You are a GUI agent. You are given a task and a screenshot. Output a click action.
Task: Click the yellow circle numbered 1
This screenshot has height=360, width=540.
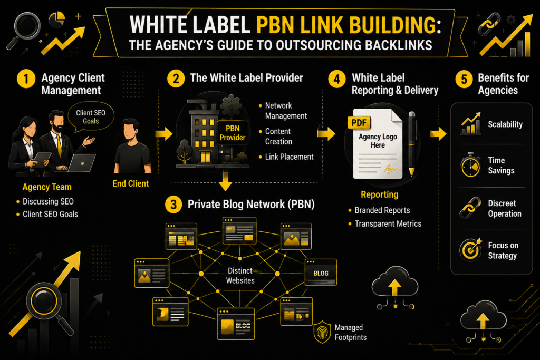[26, 79]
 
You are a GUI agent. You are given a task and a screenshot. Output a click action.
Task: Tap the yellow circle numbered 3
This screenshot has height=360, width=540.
[173, 205]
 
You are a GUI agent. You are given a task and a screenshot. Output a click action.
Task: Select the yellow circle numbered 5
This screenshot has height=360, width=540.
[464, 79]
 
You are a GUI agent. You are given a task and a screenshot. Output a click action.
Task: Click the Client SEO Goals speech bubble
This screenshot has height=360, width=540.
[91, 117]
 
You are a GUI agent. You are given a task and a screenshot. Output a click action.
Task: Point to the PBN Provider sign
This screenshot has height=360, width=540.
[233, 133]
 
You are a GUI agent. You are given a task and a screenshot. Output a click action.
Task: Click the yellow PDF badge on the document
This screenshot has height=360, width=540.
[359, 123]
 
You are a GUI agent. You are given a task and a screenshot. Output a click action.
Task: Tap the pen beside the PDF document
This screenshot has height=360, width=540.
[411, 143]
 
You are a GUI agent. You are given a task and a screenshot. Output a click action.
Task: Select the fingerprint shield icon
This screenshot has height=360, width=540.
[322, 332]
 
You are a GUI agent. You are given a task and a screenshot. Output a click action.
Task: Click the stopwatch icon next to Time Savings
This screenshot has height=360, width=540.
[470, 165]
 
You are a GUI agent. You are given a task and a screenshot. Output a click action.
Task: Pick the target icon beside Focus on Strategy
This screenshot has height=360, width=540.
[470, 249]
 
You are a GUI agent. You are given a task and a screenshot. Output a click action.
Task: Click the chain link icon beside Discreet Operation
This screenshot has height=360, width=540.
[470, 208]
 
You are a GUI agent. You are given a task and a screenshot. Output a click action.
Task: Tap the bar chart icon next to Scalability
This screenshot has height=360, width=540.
[471, 123]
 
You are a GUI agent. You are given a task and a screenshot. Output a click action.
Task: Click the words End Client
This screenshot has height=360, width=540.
[131, 184]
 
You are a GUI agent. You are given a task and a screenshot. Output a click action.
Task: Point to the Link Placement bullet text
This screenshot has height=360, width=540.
[290, 157]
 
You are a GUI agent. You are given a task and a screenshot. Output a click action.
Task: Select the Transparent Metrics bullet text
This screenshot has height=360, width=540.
[388, 223]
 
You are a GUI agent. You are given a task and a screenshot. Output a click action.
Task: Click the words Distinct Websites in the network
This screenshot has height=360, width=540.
[240, 276]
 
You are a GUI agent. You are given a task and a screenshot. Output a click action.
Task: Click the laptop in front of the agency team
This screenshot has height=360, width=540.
[82, 163]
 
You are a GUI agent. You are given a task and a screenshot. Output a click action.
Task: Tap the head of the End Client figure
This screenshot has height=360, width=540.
[131, 129]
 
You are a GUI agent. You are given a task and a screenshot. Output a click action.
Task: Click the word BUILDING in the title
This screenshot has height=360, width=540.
[393, 25]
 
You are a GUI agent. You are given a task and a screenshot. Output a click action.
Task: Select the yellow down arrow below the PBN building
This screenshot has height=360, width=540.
[225, 180]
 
